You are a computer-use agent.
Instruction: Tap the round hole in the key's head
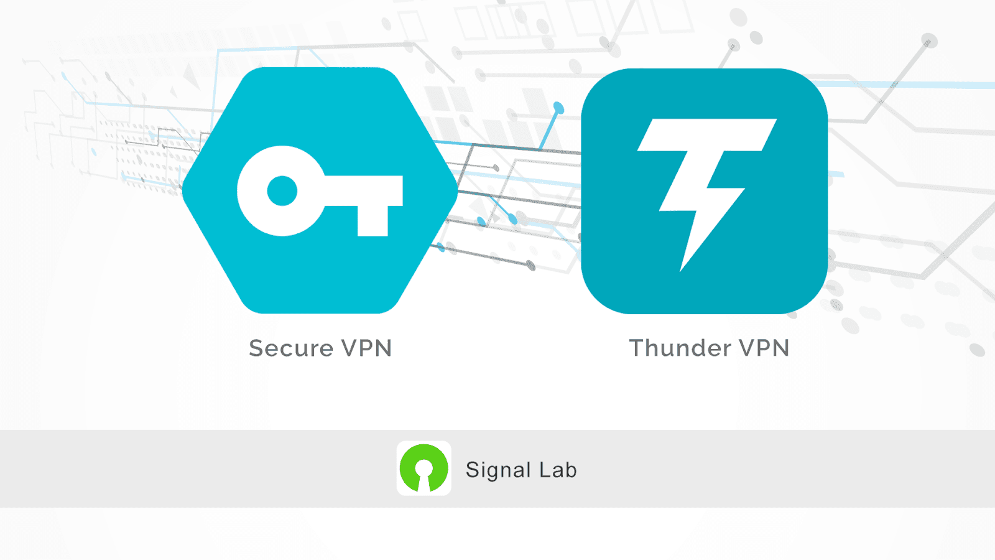coord(282,190)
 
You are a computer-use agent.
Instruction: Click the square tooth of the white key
coord(373,220)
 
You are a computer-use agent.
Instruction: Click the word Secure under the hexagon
coord(291,348)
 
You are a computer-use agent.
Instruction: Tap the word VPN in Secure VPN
coord(367,348)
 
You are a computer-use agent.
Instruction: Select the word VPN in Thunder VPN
coord(764,348)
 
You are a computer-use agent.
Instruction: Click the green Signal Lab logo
coord(424,469)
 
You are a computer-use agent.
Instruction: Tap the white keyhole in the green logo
coord(424,474)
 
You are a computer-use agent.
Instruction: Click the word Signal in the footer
coord(498,470)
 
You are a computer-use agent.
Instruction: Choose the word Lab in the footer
coord(558,470)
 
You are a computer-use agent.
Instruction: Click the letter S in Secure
coord(257,348)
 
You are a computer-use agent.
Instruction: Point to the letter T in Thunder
coord(637,348)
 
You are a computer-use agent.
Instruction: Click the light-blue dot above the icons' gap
coord(558,108)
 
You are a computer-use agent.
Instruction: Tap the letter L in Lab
coord(544,470)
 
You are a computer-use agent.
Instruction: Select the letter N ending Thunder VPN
coord(780,348)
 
